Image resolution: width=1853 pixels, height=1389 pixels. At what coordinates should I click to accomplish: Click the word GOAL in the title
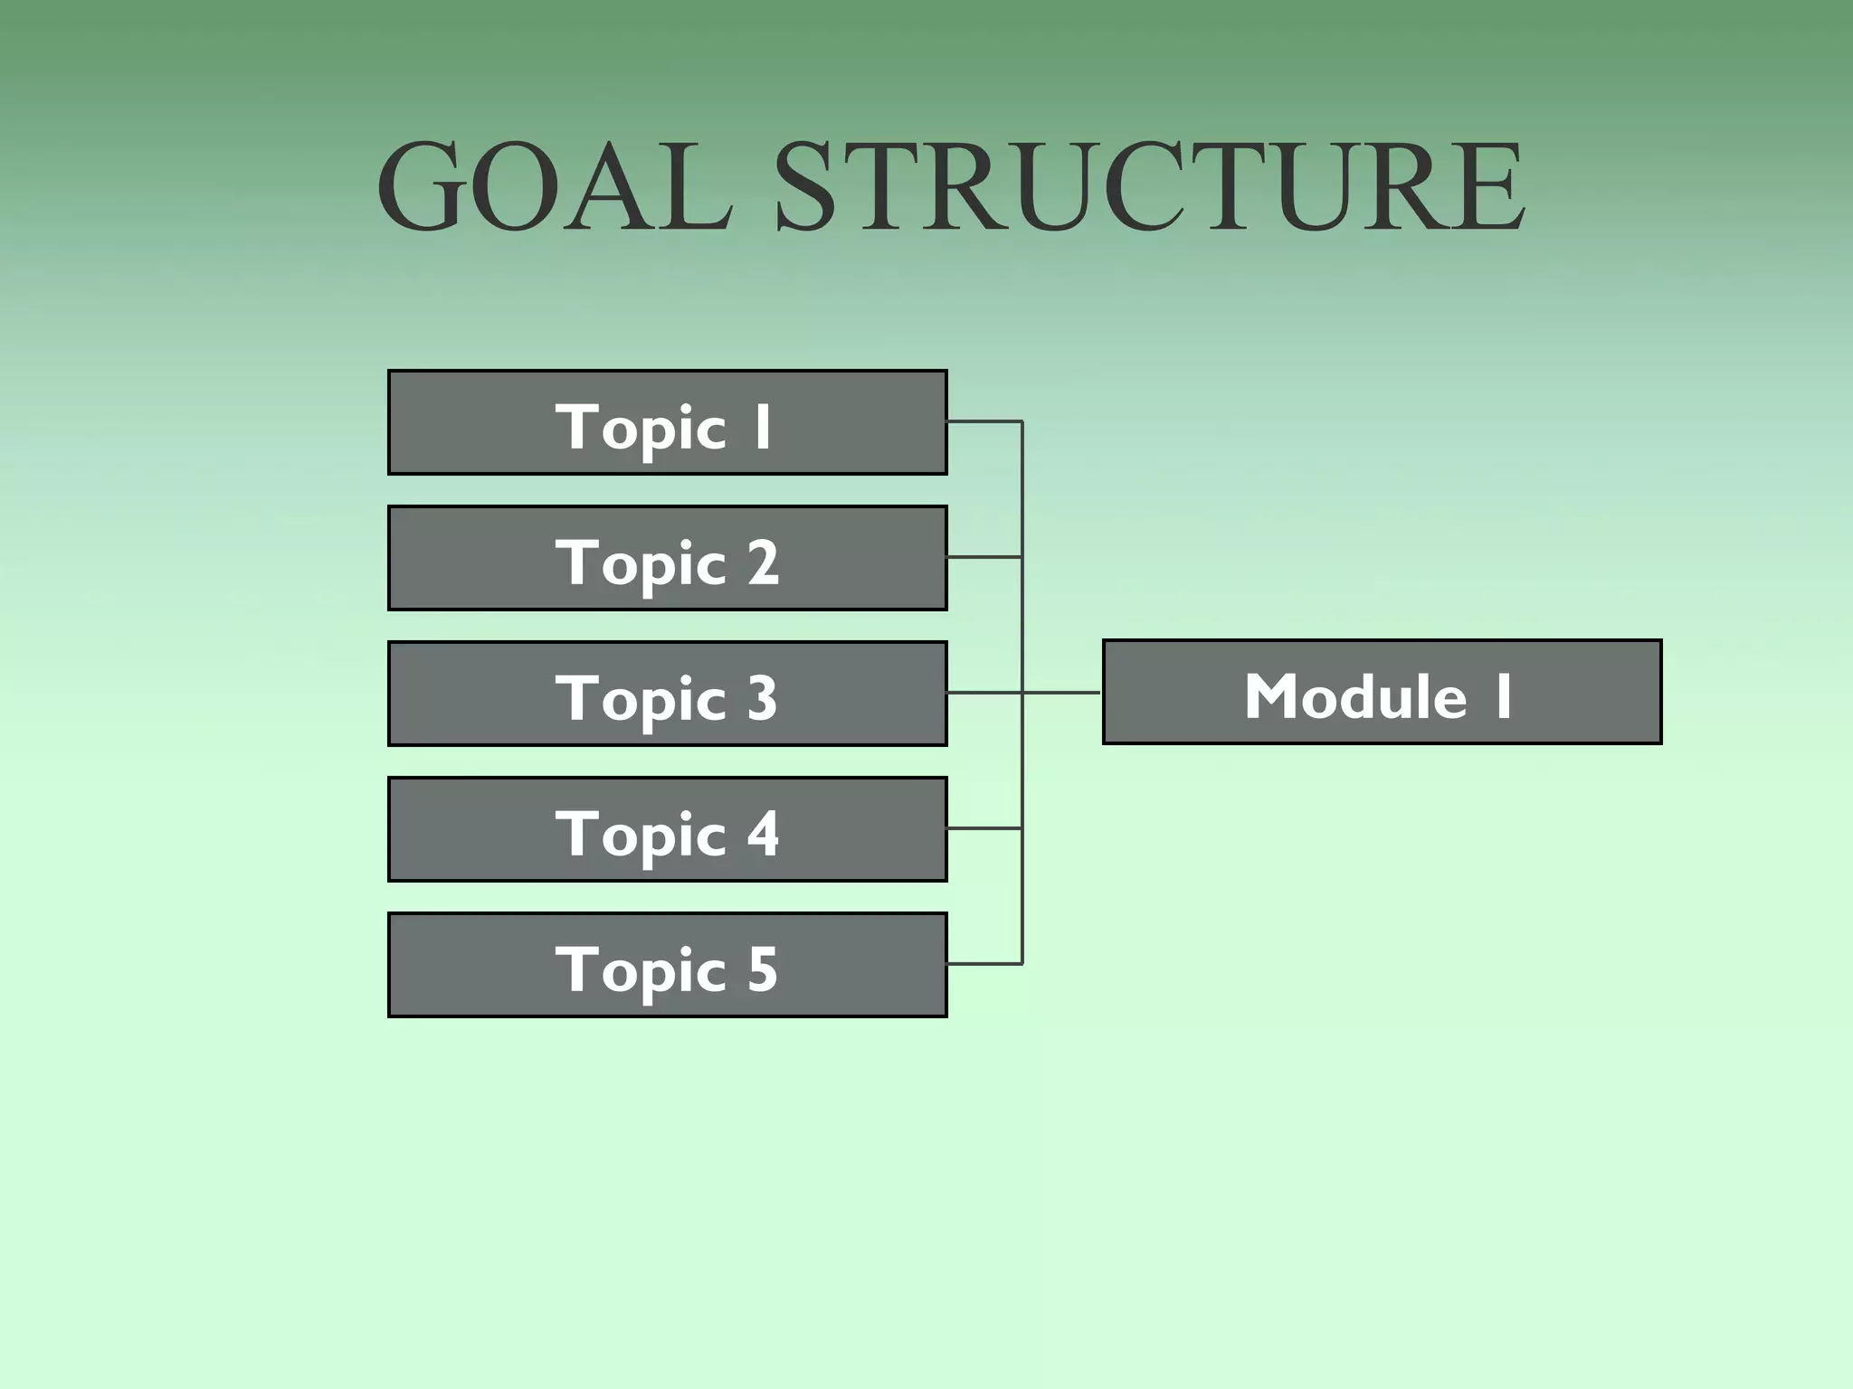click(554, 186)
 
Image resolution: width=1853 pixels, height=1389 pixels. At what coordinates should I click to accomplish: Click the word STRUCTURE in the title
click(1149, 186)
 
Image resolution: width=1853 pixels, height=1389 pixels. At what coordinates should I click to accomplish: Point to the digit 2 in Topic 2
click(763, 562)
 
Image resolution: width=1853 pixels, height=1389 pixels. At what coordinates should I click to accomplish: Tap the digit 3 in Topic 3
click(762, 698)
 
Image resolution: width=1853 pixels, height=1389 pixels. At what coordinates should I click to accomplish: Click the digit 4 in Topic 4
click(763, 834)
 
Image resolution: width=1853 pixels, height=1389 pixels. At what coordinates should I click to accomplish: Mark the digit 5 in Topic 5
click(762, 969)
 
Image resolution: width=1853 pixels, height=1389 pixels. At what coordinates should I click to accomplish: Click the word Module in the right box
click(1354, 696)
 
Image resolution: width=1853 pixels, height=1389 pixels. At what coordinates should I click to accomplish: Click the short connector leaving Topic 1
click(984, 421)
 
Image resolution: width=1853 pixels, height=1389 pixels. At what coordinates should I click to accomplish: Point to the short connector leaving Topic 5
click(984, 964)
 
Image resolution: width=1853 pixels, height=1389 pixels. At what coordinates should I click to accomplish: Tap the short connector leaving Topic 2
click(984, 557)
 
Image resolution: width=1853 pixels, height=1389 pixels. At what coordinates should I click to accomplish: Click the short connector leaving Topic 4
click(984, 828)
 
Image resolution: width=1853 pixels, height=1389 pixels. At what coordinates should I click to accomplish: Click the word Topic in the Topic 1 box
click(641, 427)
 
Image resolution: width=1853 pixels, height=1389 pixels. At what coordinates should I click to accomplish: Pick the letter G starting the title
click(422, 186)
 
